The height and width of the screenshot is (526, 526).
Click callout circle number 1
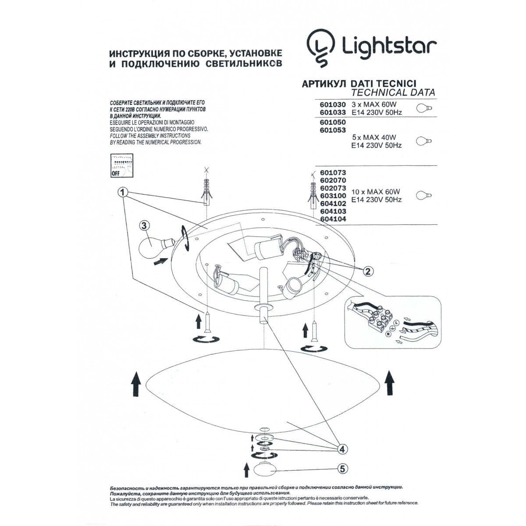(x=124, y=192)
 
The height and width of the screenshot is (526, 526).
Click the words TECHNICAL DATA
(x=393, y=92)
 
